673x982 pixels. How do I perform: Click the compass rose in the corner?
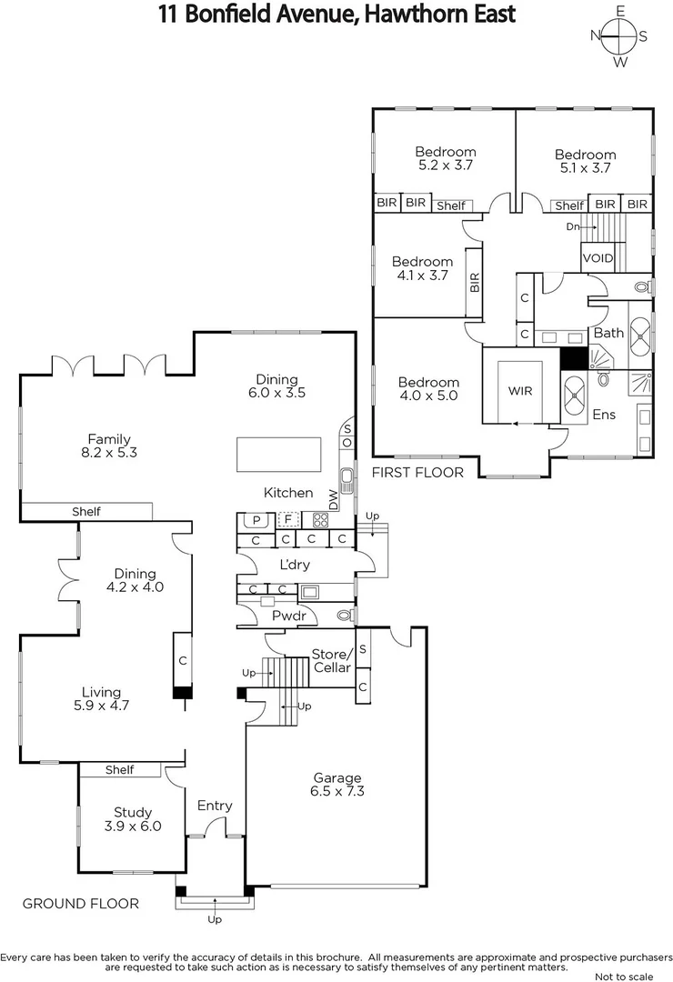tap(620, 36)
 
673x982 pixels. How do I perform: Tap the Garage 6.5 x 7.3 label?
tap(337, 785)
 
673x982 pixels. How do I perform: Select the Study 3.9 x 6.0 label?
tap(133, 819)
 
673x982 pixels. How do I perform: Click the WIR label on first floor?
tap(520, 391)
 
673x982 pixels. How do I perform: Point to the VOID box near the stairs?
tap(598, 258)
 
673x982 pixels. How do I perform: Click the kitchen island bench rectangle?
tap(278, 454)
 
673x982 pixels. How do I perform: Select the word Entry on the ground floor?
tap(215, 806)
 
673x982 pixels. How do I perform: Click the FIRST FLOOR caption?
tap(418, 472)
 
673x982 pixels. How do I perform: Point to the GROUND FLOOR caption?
tap(81, 903)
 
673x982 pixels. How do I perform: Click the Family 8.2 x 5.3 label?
tap(109, 446)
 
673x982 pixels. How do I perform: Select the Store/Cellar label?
tap(331, 661)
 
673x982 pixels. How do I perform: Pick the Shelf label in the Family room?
tap(86, 512)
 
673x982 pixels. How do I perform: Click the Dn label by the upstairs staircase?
tap(573, 226)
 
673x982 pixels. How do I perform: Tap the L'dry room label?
tap(295, 565)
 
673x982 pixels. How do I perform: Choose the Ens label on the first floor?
tap(604, 415)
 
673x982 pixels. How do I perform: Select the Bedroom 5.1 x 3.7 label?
tap(585, 161)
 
